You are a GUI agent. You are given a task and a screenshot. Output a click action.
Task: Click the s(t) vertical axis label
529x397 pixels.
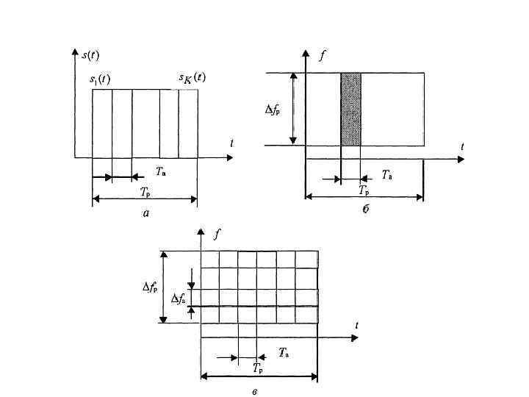pos(92,54)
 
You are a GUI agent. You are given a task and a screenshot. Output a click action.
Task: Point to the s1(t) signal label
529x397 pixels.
pos(100,79)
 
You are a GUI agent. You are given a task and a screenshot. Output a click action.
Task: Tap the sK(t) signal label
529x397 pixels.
pos(192,78)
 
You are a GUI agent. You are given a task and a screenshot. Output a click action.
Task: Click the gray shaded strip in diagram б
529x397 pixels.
pos(351,109)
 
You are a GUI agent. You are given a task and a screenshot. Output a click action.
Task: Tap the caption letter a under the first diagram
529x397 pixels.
pos(146,213)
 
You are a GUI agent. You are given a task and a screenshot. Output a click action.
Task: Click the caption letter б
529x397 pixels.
pos(365,210)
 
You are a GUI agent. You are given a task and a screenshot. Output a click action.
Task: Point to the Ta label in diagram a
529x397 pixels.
pos(161,172)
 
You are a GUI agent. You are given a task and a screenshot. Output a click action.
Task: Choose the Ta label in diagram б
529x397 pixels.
pos(386,174)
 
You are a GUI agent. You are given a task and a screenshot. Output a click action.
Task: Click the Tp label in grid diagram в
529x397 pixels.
pos(258,368)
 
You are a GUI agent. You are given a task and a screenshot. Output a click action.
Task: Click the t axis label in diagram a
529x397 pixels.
pos(231,144)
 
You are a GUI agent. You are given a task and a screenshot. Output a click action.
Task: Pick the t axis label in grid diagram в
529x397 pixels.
pos(356,325)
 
